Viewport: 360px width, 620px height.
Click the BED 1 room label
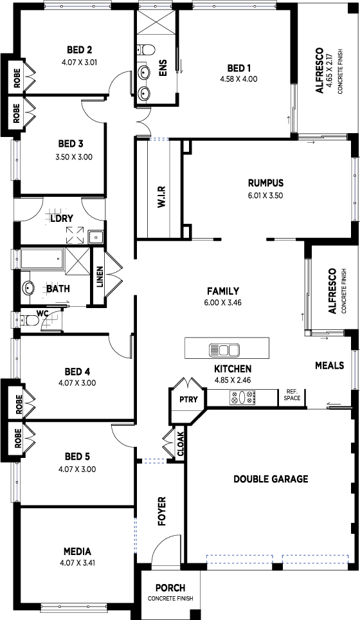pyautogui.click(x=239, y=68)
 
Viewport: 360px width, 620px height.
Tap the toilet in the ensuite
pyautogui.click(x=147, y=50)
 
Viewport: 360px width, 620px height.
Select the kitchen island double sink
pyautogui.click(x=224, y=350)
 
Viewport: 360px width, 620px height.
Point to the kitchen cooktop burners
pyautogui.click(x=242, y=397)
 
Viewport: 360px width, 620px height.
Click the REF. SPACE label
pyautogui.click(x=292, y=395)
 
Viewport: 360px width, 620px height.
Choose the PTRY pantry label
pyautogui.click(x=188, y=399)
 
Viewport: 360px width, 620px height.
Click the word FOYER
pyautogui.click(x=161, y=511)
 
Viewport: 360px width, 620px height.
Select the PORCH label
pyautogui.click(x=170, y=588)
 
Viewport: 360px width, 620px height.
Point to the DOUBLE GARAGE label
pyautogui.click(x=271, y=479)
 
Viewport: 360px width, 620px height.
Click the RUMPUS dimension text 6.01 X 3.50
pyautogui.click(x=265, y=195)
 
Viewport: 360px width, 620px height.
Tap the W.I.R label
pyautogui.click(x=161, y=197)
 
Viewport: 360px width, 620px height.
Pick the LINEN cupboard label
pyautogui.click(x=100, y=277)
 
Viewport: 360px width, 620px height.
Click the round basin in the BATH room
pyautogui.click(x=28, y=287)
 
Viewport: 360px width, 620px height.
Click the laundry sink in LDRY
pyautogui.click(x=96, y=237)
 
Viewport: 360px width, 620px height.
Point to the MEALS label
pyautogui.click(x=330, y=365)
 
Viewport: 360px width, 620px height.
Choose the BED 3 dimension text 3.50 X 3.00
pyautogui.click(x=74, y=156)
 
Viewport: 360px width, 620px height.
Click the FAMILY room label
pyautogui.click(x=223, y=291)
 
